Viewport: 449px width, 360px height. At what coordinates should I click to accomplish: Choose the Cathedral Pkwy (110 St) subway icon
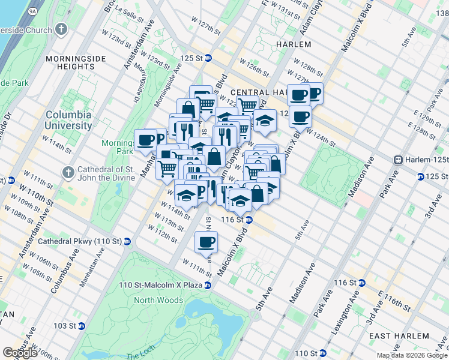[127, 241]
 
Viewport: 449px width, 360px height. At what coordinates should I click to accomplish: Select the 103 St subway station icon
[82, 326]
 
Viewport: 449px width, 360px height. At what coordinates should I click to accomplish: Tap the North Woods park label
[158, 300]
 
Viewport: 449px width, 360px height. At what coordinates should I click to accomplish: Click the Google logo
[20, 353]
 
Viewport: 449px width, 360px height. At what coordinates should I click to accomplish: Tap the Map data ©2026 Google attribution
[412, 355]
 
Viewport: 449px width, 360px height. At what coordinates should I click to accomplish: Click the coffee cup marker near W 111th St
[206, 242]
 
